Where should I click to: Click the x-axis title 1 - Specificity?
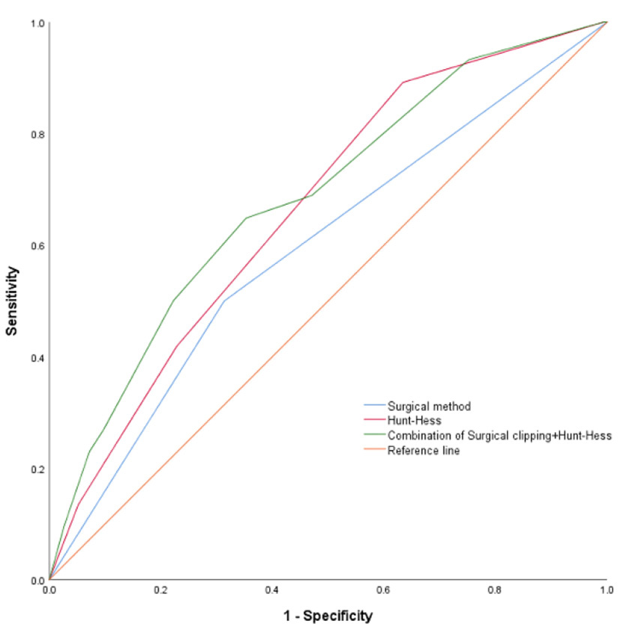(328, 616)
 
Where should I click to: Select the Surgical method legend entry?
(429, 406)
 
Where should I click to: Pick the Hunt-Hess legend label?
(411, 421)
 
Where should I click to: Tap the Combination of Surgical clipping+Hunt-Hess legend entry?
(499, 436)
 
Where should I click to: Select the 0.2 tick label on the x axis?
(160, 591)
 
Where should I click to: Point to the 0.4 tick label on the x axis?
(272, 591)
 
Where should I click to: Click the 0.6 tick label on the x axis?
(383, 591)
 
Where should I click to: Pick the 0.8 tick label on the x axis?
(495, 591)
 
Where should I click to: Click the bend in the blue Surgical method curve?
(224, 301)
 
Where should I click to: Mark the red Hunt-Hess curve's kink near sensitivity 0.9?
(403, 82)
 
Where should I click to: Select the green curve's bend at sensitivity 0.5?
(174, 301)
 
